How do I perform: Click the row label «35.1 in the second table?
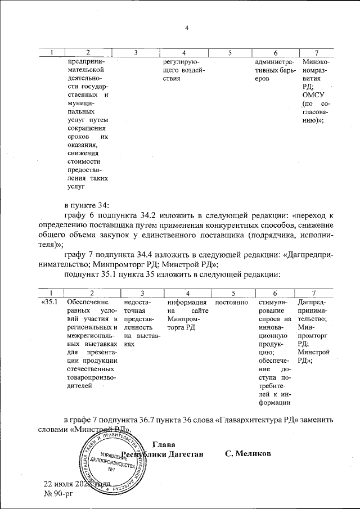coord(49,303)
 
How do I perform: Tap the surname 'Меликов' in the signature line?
coord(248,454)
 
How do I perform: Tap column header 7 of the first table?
coord(316,53)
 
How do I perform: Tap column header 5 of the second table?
coord(231,293)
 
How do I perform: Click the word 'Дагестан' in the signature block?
coord(187,454)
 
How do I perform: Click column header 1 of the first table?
coord(52,53)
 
